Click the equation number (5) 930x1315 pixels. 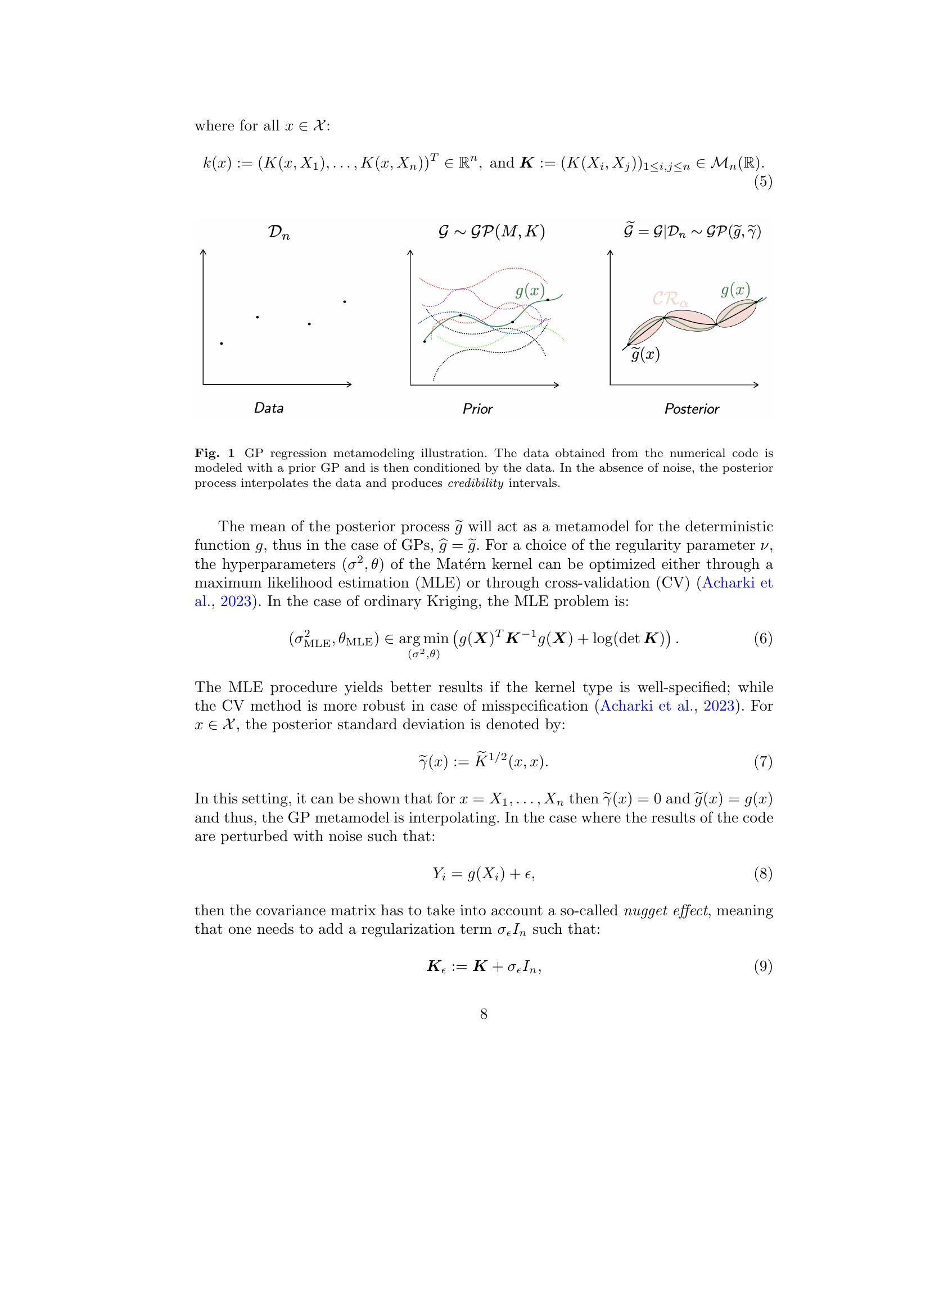[764, 183]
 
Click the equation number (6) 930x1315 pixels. [764, 639]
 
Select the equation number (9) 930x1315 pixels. [764, 968]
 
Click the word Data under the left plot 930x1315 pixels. [269, 408]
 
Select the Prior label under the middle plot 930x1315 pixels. [477, 409]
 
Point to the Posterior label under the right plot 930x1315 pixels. [691, 409]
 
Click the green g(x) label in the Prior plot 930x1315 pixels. [530, 292]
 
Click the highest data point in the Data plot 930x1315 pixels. [344, 301]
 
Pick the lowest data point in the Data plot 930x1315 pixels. [222, 344]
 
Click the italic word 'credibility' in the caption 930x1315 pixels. [475, 483]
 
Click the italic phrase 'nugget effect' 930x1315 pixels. [665, 911]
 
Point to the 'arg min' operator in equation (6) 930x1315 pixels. [423, 640]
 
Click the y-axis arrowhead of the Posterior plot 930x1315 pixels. [611, 252]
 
